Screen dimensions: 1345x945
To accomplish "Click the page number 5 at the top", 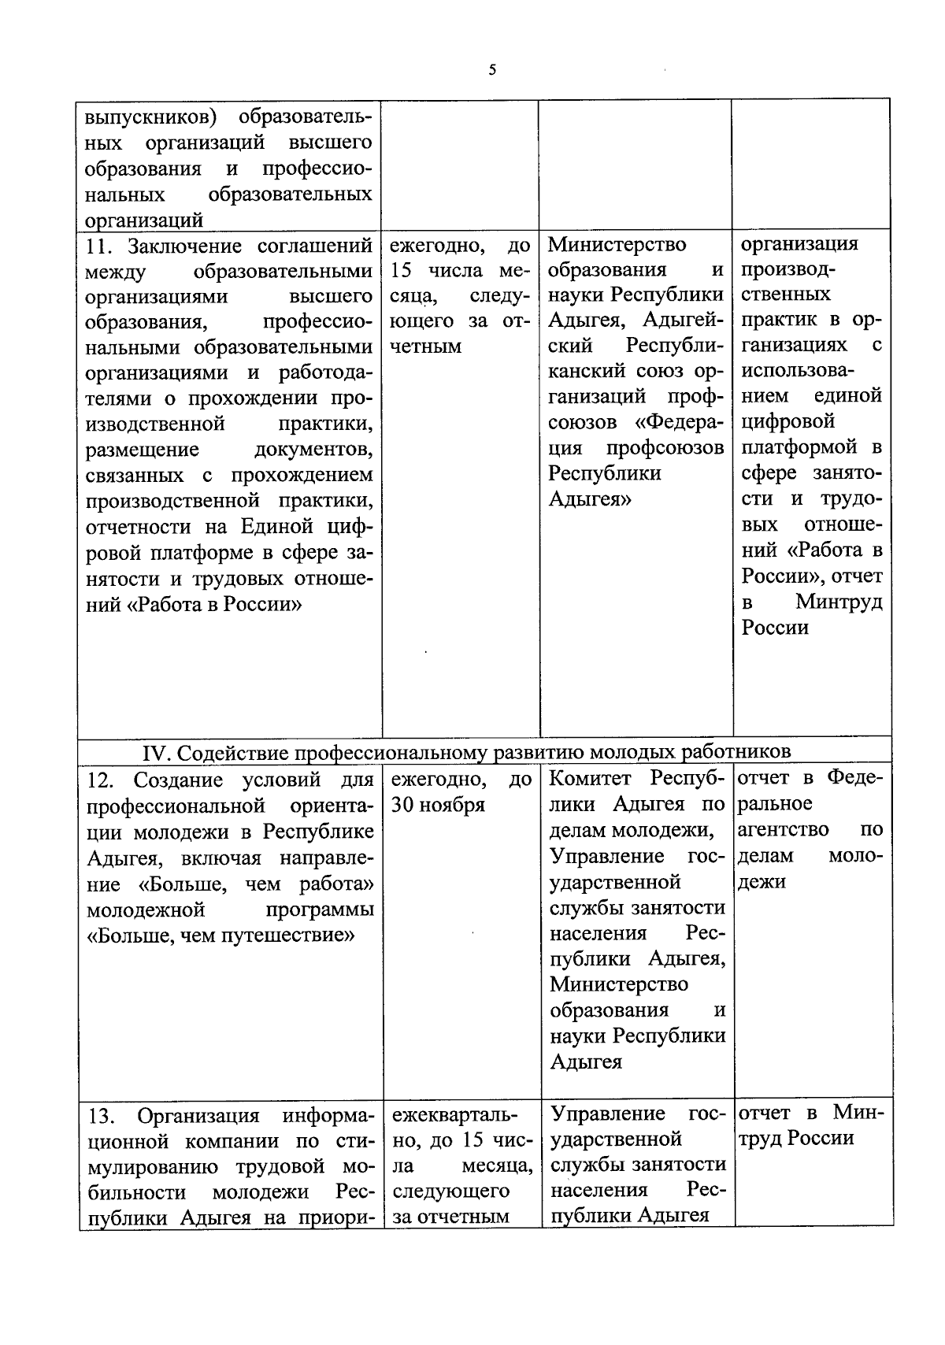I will click(x=492, y=70).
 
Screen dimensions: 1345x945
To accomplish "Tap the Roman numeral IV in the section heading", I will click(x=156, y=753).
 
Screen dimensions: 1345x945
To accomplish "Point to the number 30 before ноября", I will click(x=402, y=806).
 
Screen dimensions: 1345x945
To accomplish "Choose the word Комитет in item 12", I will click(x=591, y=779).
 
